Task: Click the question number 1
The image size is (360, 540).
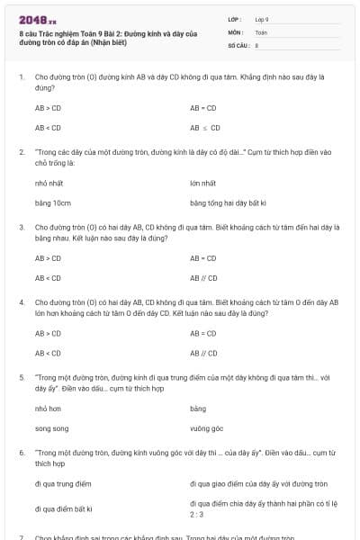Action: (21, 78)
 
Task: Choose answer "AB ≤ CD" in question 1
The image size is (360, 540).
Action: (205, 128)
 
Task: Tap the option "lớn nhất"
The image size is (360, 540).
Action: (203, 183)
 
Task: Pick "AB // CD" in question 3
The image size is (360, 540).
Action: (204, 278)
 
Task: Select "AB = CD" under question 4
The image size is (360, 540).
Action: (204, 333)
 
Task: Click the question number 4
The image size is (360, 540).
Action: (21, 302)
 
